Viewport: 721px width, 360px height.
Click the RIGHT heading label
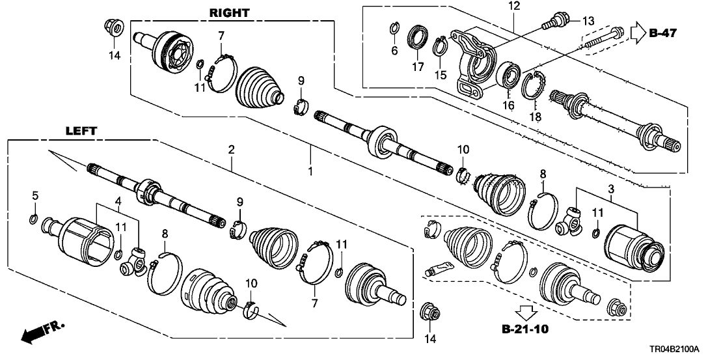point(229,12)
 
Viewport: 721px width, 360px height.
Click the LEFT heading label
point(81,131)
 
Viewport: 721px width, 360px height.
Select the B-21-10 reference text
point(524,329)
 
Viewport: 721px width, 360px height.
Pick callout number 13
point(588,22)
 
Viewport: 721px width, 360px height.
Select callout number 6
point(394,50)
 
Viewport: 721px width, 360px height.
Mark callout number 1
point(311,172)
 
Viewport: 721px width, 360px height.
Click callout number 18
point(535,117)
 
